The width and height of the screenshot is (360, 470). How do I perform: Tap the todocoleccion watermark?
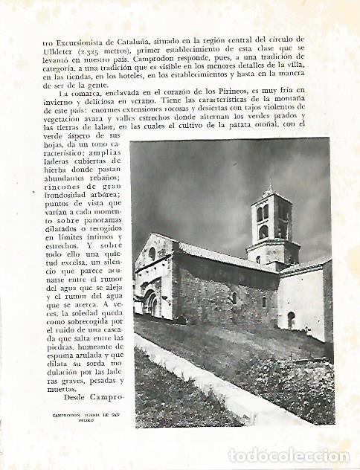pyautogui.click(x=289, y=455)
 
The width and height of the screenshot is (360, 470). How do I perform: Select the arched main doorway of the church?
pyautogui.click(x=150, y=303)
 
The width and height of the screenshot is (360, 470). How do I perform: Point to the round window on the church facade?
pyautogui.click(x=152, y=254)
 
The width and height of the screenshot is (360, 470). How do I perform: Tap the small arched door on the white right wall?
pyautogui.click(x=290, y=320)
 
